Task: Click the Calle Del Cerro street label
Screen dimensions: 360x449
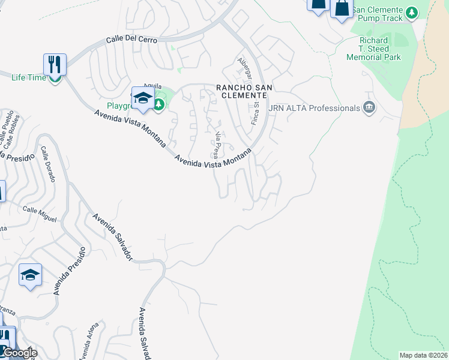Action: click(x=131, y=40)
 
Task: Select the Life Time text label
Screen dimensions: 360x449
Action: click(x=28, y=77)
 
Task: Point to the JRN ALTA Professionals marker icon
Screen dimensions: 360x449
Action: click(x=369, y=108)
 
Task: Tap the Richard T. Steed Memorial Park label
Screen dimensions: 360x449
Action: click(x=373, y=49)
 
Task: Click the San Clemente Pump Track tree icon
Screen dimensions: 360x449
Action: click(x=411, y=13)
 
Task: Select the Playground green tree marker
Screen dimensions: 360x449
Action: click(x=158, y=106)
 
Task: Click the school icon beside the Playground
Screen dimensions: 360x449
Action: click(x=143, y=98)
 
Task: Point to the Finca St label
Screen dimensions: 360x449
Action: click(x=255, y=113)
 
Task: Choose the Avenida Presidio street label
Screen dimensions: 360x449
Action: click(x=66, y=270)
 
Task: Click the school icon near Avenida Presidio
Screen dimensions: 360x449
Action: click(x=30, y=275)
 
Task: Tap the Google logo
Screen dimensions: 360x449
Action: click(x=20, y=353)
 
